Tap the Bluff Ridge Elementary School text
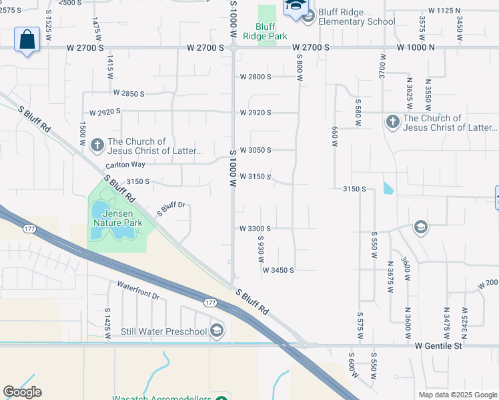pos(357,17)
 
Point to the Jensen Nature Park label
pos(117,218)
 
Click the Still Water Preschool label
pos(164,331)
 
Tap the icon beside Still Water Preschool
pos(216,331)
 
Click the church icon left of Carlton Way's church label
pos(97,145)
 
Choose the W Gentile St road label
pos(438,346)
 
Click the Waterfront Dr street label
pos(139,290)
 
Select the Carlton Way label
pos(125,165)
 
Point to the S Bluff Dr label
pos(171,209)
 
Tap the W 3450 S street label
pos(278,270)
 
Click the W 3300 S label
pos(256,228)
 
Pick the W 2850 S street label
pos(129,94)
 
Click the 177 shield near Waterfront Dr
pos(211,302)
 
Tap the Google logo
pos(22,392)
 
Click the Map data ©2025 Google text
pos(457,395)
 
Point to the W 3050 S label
pos(256,150)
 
